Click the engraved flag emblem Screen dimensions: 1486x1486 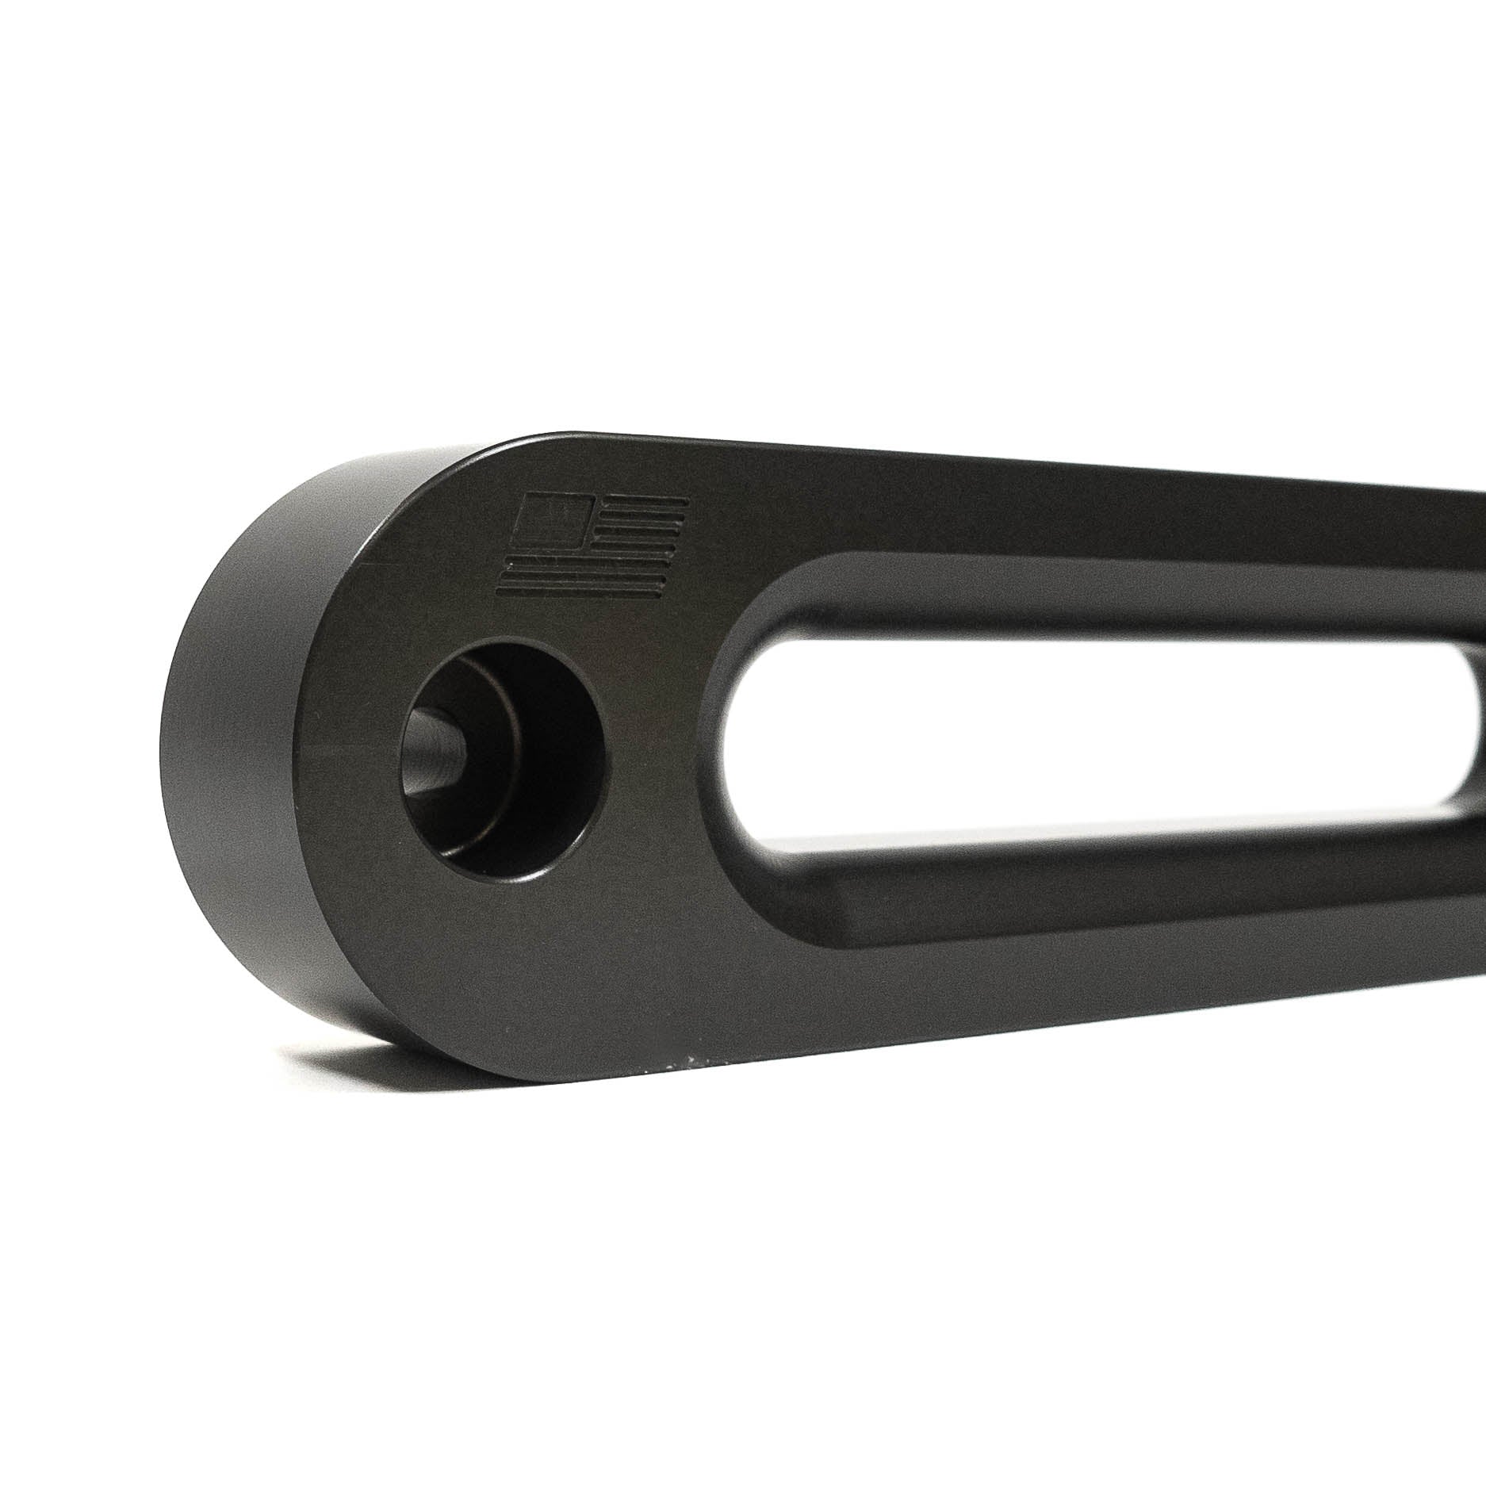coord(591,546)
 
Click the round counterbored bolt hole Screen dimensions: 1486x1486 coord(507,730)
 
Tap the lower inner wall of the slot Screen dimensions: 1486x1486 coord(1031,888)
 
